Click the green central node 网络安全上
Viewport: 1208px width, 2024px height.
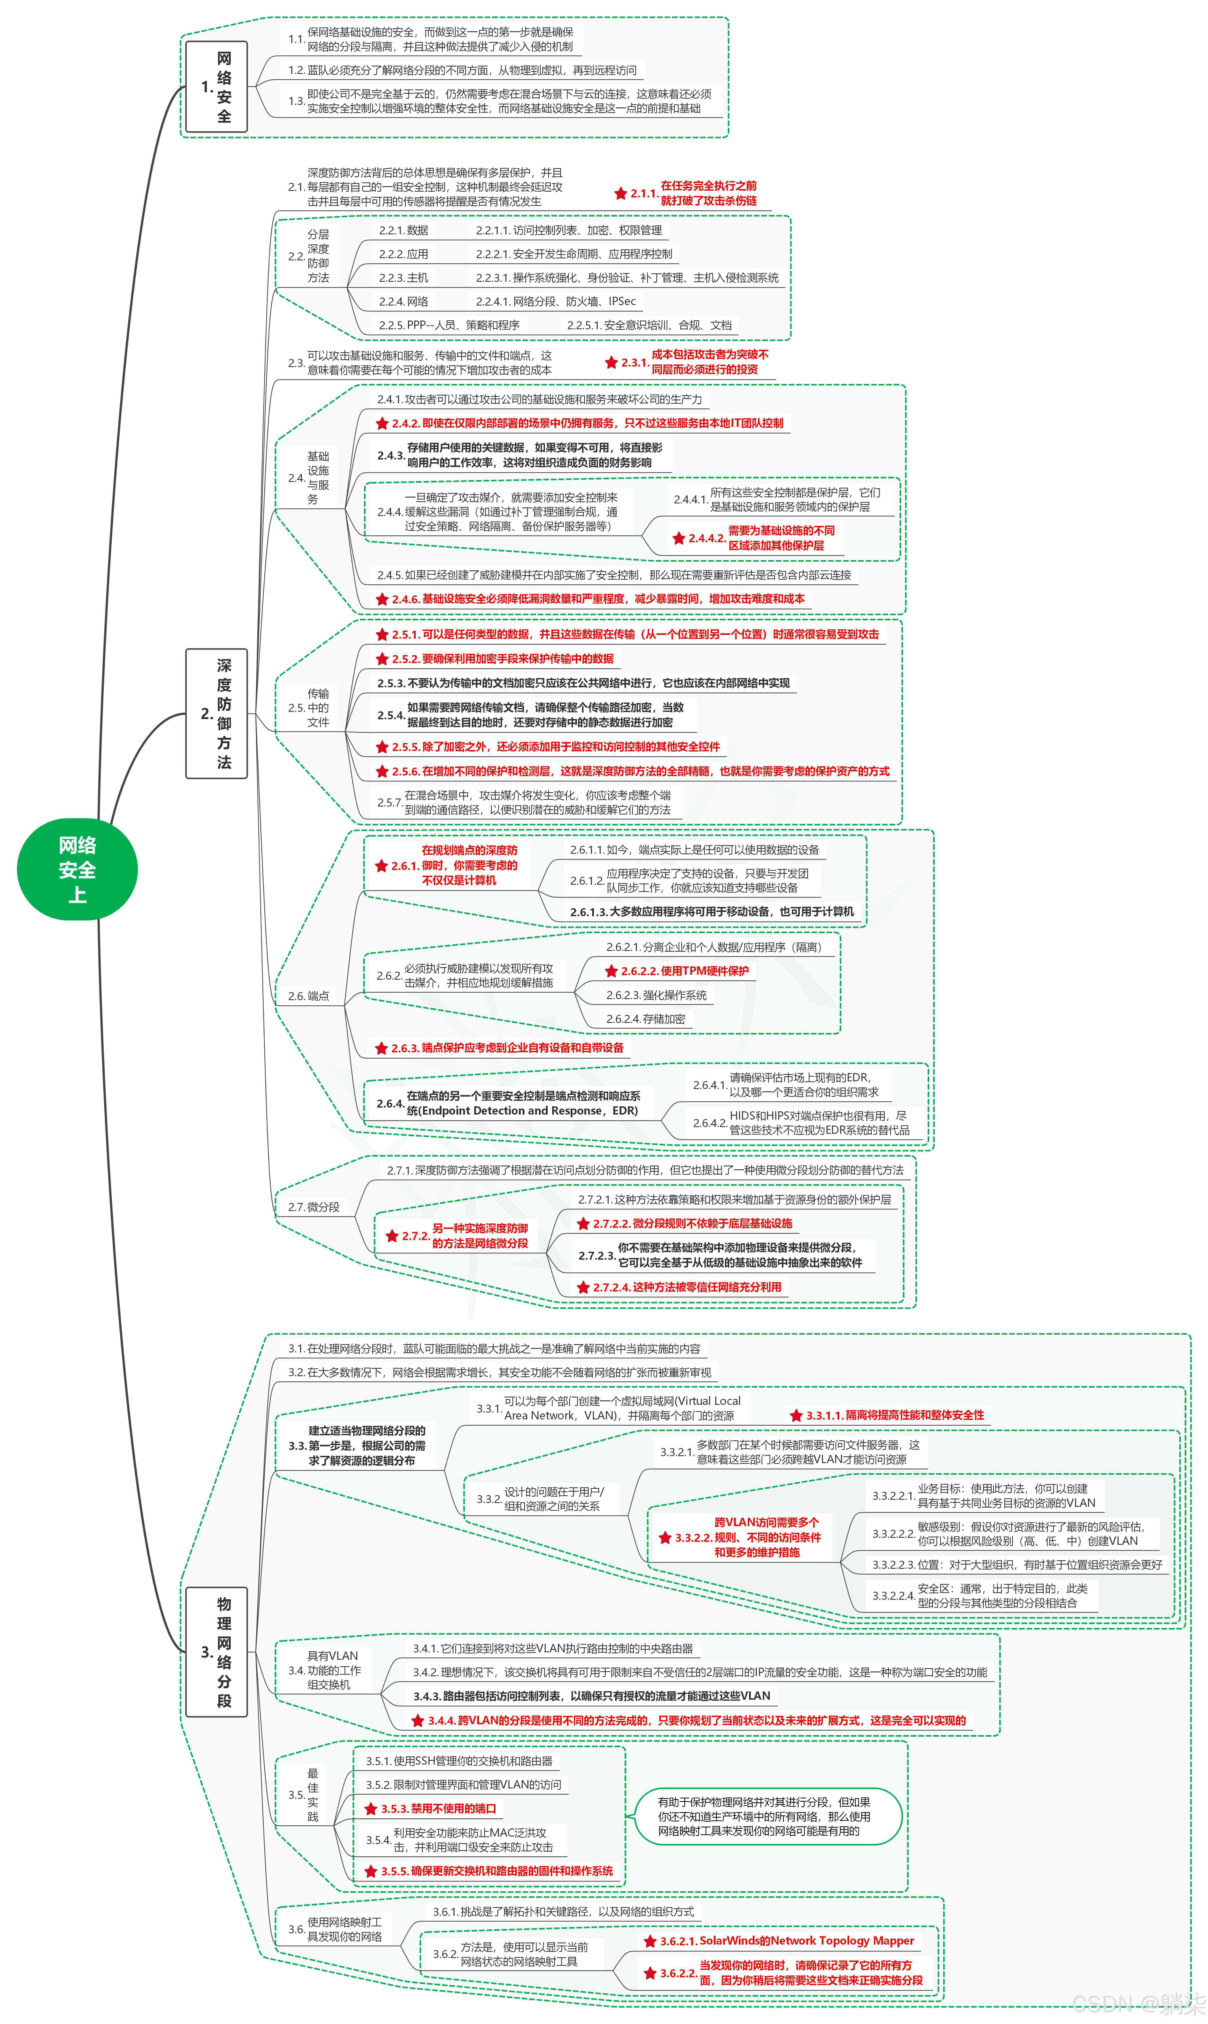(x=77, y=869)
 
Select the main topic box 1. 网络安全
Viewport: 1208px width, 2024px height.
(x=217, y=87)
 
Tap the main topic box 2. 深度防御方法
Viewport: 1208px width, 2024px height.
(x=217, y=714)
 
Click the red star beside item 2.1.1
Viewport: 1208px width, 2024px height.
(x=620, y=194)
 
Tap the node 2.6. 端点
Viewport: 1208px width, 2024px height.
(x=309, y=996)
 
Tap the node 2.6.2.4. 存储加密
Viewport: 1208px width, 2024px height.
(x=645, y=1019)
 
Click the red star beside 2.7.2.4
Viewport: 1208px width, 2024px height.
(x=583, y=1287)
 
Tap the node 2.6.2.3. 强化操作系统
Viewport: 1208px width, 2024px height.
(x=656, y=995)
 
